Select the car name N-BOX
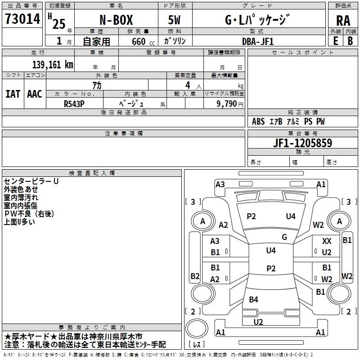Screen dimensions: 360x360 pos(116,21)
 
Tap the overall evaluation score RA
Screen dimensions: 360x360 pos(343,21)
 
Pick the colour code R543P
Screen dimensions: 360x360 pos(75,103)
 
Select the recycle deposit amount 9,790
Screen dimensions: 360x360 pos(227,103)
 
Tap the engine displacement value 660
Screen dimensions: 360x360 pos(139,41)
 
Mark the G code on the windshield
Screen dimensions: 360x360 pos(284,237)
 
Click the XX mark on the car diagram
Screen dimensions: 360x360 pos(327,242)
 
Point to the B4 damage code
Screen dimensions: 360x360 pos(254,300)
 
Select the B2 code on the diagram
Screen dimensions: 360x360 pos(195,276)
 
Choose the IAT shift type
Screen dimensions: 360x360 pos(13,94)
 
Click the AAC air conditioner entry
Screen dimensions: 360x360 pos(34,94)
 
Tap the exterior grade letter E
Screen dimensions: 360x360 pos(336,41)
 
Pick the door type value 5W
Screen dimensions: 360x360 pos(175,21)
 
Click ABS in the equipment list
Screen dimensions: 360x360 pos(258,121)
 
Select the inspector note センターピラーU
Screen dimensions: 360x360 pos(31,181)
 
